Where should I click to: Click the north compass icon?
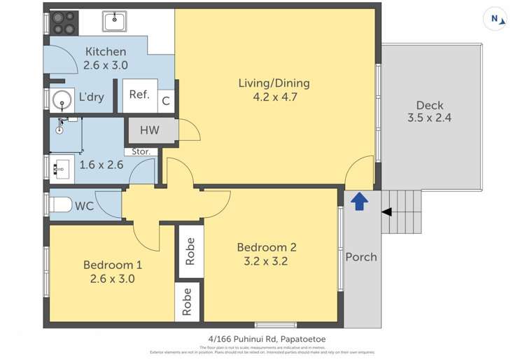tap(496, 20)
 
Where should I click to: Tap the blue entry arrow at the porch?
tap(358, 202)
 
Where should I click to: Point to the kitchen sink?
tap(115, 22)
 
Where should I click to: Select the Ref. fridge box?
tap(139, 95)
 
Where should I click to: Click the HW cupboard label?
tap(149, 130)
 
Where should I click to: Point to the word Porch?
tap(361, 257)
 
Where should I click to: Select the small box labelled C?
tap(166, 101)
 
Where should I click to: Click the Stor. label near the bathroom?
tap(139, 151)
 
